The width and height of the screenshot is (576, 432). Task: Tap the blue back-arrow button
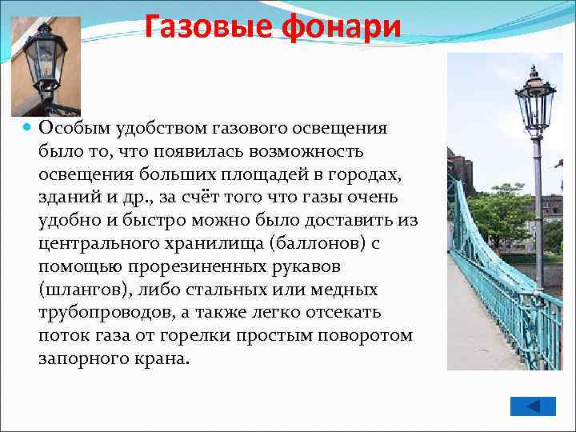tap(534, 406)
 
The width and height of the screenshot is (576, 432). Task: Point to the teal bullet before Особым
tap(27, 127)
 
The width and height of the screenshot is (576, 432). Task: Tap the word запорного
tap(80, 358)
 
